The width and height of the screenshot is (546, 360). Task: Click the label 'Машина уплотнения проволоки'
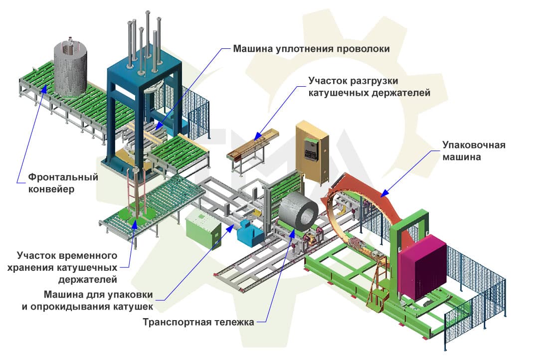[x=311, y=49]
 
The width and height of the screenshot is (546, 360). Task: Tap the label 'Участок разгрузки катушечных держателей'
[x=368, y=86]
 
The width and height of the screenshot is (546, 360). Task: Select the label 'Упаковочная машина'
[x=474, y=151]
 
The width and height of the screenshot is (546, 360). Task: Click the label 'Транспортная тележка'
[x=198, y=322]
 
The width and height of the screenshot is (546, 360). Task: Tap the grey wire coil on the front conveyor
[x=70, y=68]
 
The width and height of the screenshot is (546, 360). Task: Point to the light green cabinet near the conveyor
[x=202, y=228]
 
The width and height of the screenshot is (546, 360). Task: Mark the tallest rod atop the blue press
[x=148, y=35]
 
